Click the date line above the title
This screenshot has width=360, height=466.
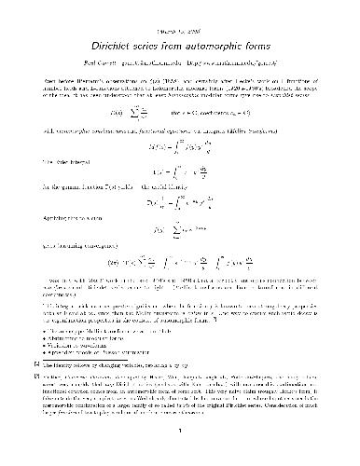click(179, 20)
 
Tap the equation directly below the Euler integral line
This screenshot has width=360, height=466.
click(180, 177)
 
